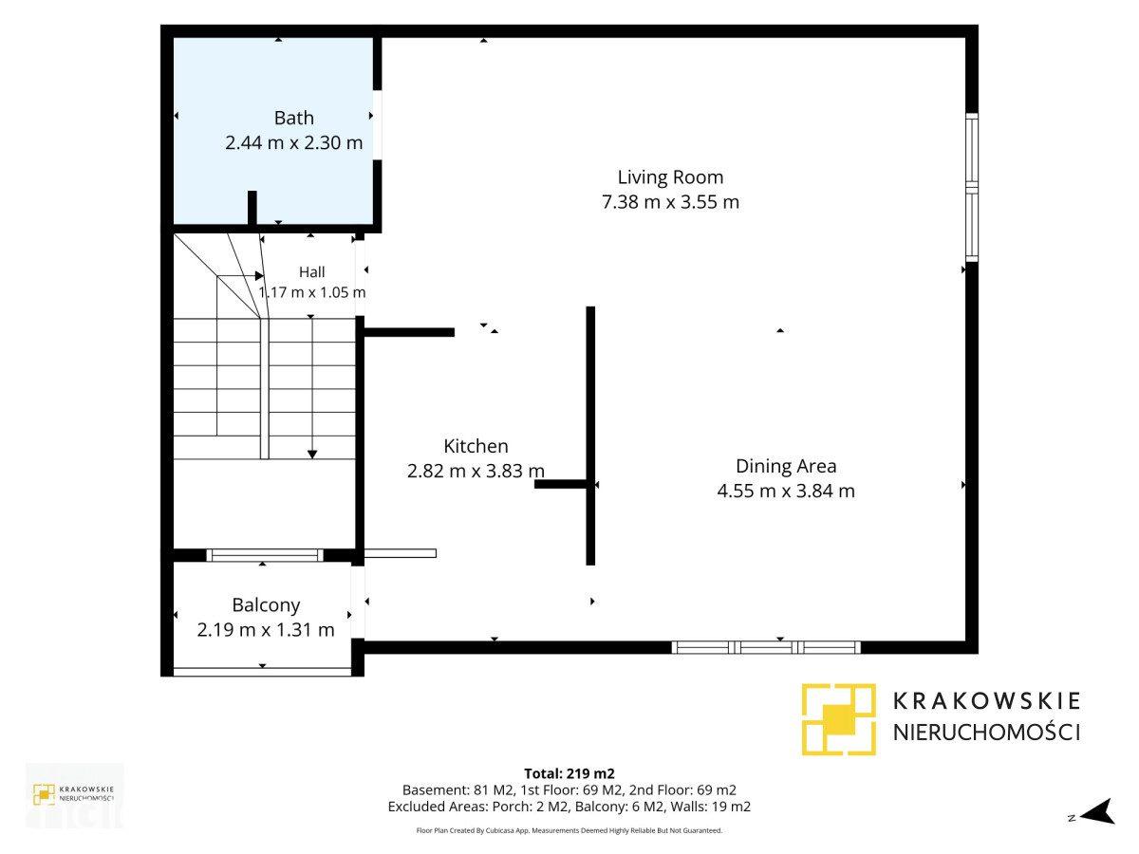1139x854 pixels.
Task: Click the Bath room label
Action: coord(293,119)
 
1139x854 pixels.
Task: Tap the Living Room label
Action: coord(670,177)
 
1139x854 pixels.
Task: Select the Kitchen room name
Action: coord(476,446)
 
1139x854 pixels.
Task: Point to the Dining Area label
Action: coord(786,466)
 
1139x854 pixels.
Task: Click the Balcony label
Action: coord(266,605)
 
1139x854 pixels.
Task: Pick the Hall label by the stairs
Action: coord(312,272)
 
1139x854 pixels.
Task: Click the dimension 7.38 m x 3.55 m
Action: coord(670,202)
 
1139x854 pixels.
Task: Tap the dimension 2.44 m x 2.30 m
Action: coord(293,142)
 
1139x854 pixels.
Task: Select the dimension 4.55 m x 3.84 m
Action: coord(786,491)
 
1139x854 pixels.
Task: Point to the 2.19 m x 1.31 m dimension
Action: coord(266,630)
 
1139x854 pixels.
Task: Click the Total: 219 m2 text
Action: coord(569,773)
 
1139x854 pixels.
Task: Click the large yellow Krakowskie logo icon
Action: coord(838,719)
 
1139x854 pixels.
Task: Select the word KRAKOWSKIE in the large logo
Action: coord(987,701)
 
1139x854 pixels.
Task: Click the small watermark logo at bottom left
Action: coord(74,794)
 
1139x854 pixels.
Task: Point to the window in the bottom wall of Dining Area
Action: coord(766,647)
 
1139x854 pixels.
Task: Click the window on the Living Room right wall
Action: coord(972,187)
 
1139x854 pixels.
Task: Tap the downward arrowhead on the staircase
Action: coord(312,455)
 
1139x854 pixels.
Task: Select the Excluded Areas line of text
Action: coord(569,807)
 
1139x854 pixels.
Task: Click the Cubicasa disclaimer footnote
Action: coord(569,830)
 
